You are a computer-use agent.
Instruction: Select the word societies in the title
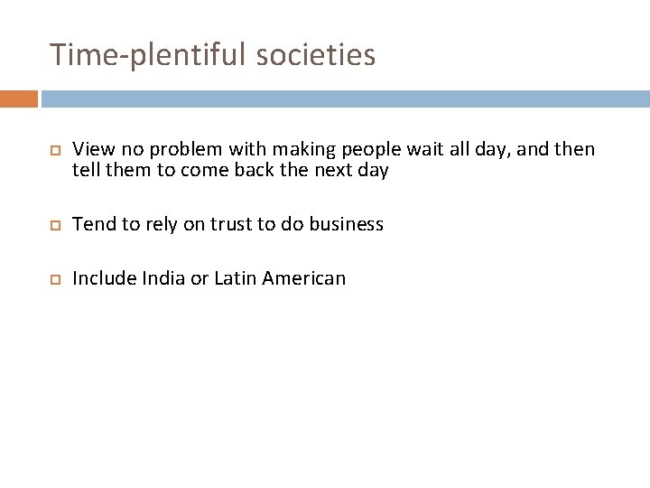315,56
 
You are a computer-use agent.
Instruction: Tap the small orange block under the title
19,99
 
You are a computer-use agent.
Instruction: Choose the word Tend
93,223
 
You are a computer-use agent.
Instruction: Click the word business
347,223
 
